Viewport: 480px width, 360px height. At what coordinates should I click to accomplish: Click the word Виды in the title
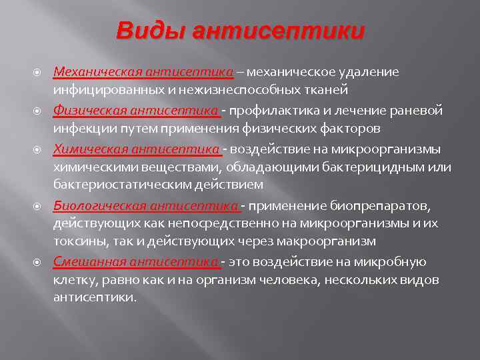point(148,32)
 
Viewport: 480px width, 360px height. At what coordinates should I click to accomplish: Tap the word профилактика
point(273,110)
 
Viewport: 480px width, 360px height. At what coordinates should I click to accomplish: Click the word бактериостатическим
point(126,184)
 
